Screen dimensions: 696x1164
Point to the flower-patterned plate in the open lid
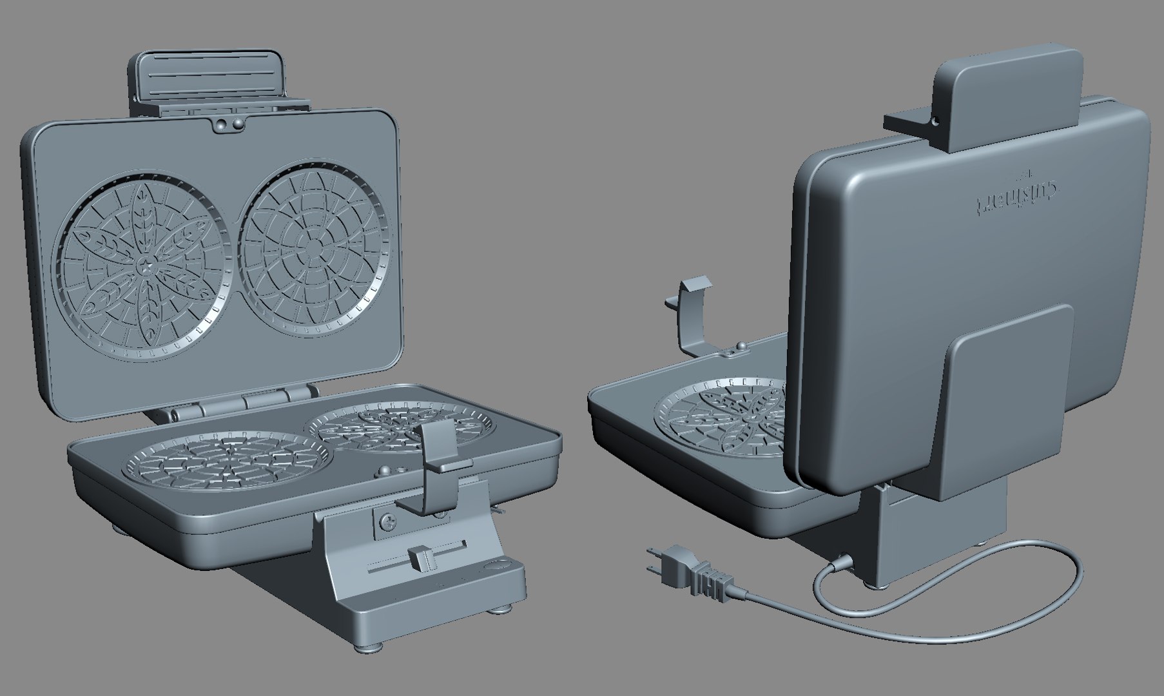pyautogui.click(x=144, y=263)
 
